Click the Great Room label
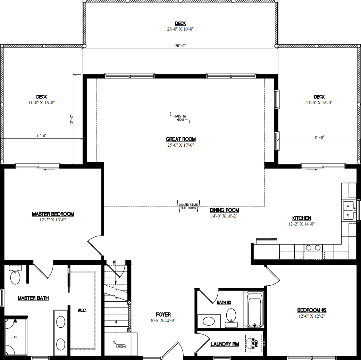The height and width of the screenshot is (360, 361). [180, 139]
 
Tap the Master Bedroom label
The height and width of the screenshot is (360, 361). [53, 214]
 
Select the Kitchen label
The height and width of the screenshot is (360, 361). [301, 218]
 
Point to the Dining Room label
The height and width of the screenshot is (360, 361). [224, 210]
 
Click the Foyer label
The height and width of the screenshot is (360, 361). [163, 315]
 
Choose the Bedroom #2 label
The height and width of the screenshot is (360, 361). [312, 310]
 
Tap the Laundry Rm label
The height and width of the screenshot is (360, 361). [225, 344]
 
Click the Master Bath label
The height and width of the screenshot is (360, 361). [33, 298]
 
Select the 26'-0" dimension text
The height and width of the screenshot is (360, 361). [180, 46]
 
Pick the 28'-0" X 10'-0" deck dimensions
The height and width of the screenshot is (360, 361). [180, 29]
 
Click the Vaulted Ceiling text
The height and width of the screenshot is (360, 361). [188, 204]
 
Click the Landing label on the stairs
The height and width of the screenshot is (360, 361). [121, 346]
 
